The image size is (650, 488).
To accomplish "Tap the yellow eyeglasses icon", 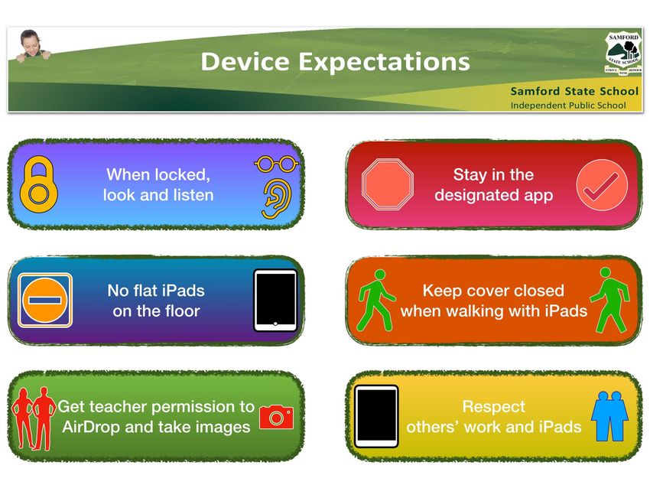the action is point(276,164).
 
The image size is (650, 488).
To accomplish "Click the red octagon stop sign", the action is point(387,184).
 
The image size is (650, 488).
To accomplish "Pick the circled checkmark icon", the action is point(602,184).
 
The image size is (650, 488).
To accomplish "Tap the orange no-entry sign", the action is point(45,300).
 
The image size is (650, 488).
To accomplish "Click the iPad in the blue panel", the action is point(275,300).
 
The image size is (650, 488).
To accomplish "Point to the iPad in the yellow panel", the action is point(376,416).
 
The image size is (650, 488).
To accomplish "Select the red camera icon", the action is point(276,417).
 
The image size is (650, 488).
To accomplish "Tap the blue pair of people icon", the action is point(609,416).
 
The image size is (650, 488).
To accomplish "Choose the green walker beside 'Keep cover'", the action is point(375,300).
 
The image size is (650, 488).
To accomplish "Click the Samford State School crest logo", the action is point(623,54).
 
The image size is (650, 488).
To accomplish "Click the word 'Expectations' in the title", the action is point(384,62).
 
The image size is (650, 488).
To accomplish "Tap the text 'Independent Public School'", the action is point(568,106).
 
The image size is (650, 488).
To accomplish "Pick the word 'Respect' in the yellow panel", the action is point(494,407).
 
